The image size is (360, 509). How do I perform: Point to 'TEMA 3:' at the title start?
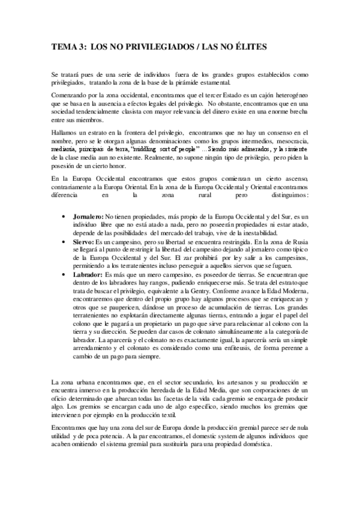click(68, 46)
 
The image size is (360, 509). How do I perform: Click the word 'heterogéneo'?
click(290, 96)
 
